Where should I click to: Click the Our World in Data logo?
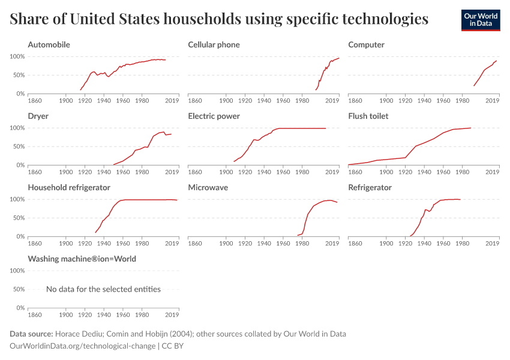click(x=480, y=20)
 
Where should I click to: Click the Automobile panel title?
click(x=49, y=45)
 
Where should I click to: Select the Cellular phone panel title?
click(x=214, y=45)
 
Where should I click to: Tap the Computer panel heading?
click(x=366, y=45)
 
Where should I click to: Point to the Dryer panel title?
click(x=38, y=116)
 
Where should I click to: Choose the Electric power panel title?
click(x=214, y=116)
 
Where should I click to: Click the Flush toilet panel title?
click(x=368, y=116)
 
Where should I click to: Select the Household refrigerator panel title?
click(x=69, y=188)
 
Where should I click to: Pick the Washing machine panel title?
click(x=82, y=259)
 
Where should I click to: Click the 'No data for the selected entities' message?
click(x=103, y=289)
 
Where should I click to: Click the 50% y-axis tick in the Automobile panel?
click(x=17, y=75)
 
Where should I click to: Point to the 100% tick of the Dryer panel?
click(x=16, y=128)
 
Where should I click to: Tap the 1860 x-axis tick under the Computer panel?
click(x=355, y=101)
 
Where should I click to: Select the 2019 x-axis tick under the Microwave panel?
click(x=332, y=244)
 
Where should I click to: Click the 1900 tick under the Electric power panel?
click(x=226, y=172)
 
